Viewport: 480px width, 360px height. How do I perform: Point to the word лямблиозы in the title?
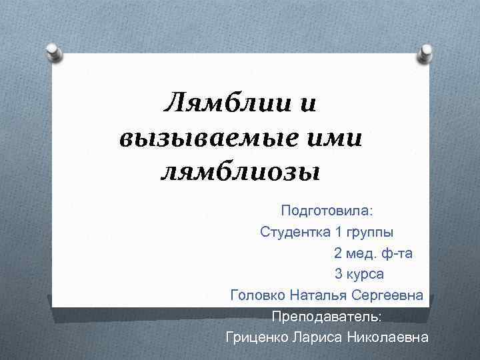click(x=241, y=173)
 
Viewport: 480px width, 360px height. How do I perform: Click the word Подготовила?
click(x=327, y=211)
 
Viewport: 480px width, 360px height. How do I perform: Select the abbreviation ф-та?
click(x=398, y=253)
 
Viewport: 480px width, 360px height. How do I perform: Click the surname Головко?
click(x=256, y=295)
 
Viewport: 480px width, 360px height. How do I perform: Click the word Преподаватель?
click(x=327, y=315)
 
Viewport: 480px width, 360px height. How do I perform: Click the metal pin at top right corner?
click(x=425, y=53)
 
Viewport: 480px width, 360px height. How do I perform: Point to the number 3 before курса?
click(x=339, y=273)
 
